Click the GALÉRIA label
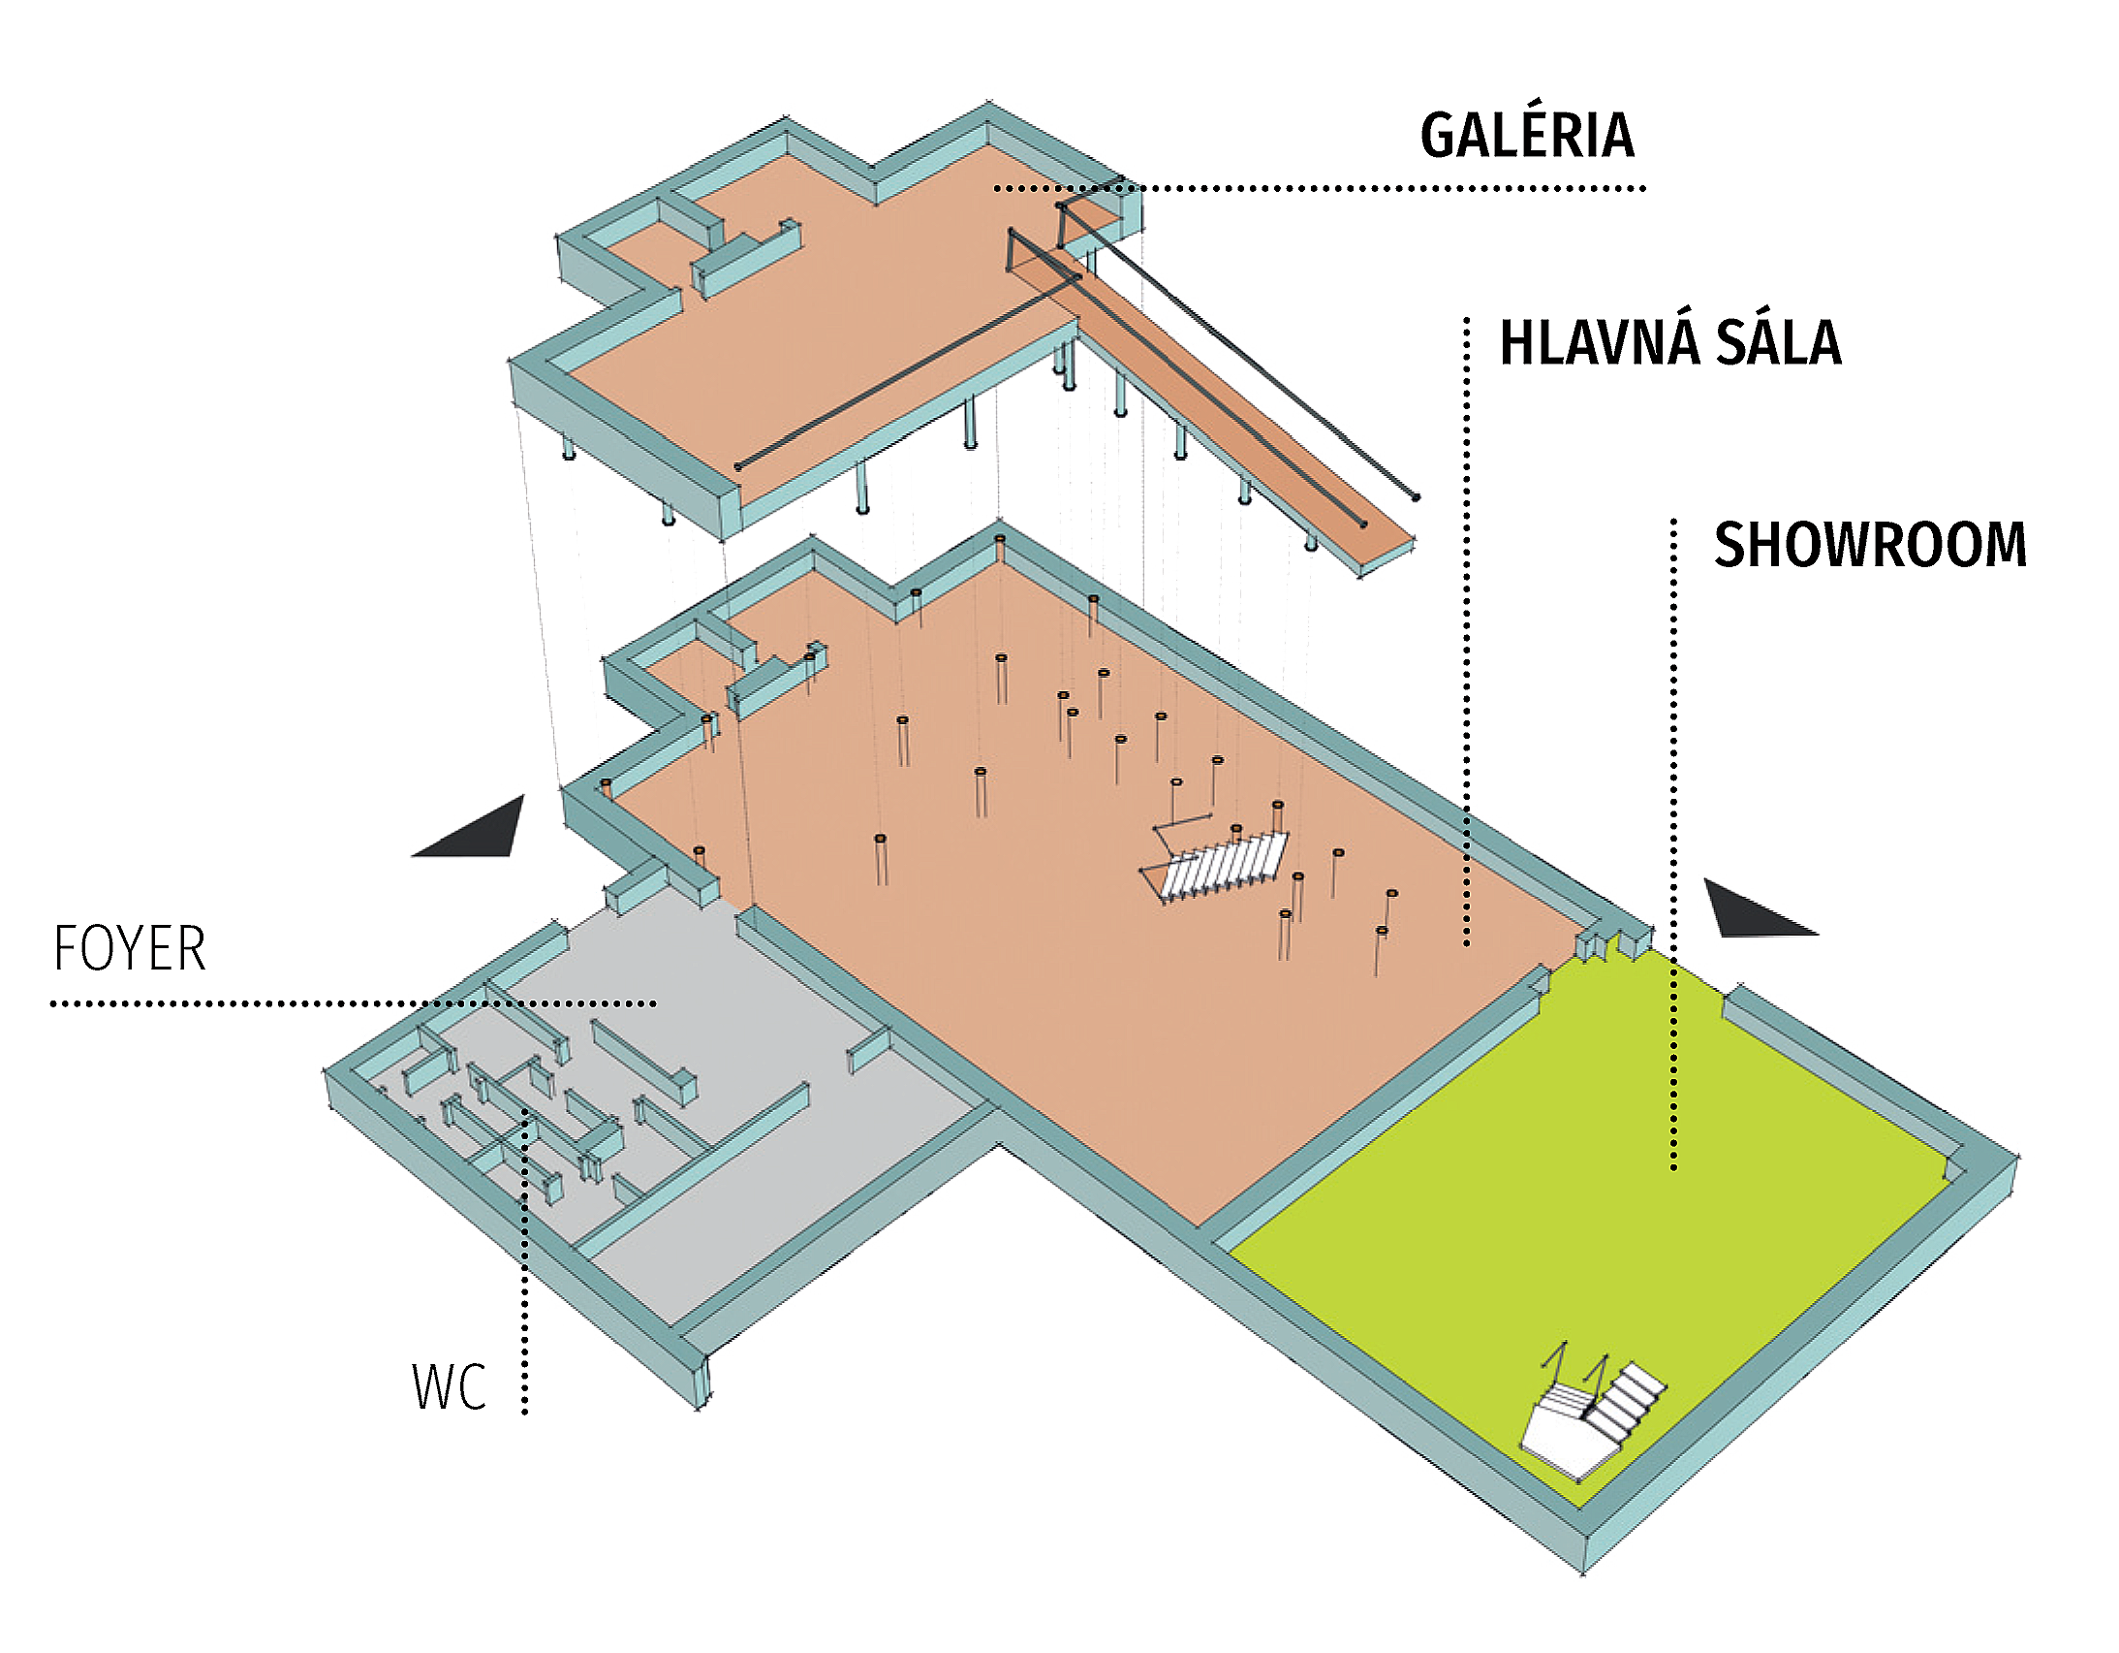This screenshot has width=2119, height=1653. point(1528,136)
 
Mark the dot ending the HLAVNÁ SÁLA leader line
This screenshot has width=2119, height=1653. point(1467,942)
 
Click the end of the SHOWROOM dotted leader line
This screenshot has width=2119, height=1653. point(1673,1166)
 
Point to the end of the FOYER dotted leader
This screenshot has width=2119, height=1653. point(655,1003)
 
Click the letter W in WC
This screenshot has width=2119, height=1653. point(433,1388)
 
